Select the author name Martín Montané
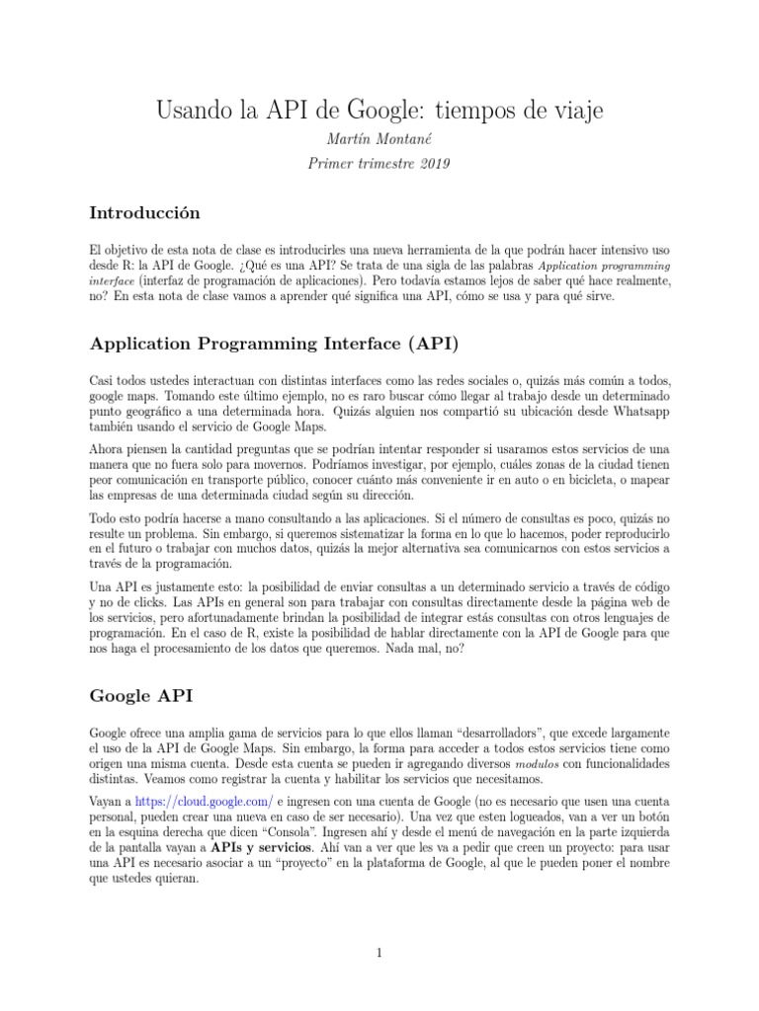379,143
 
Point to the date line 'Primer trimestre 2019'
379,164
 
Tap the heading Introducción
144,212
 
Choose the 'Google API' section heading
140,695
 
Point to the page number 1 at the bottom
379,953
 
